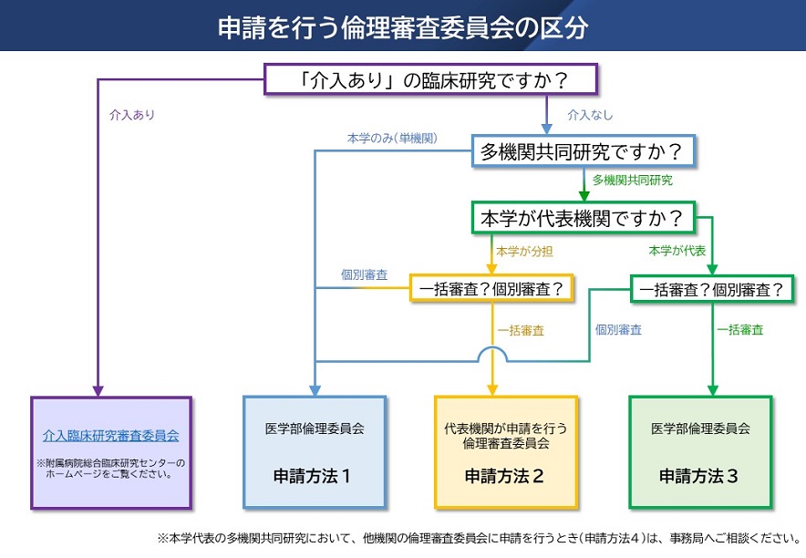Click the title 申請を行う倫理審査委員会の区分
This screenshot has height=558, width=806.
tap(402, 27)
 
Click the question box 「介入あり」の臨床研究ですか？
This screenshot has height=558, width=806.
tap(430, 79)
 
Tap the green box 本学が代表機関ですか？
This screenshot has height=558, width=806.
tap(583, 219)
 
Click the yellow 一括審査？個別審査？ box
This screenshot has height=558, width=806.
tap(491, 289)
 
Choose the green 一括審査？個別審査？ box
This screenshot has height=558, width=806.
tap(711, 289)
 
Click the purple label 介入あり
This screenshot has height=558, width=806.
tap(131, 116)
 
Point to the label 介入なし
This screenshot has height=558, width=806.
tap(590, 116)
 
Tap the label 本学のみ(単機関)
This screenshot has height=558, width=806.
tap(392, 138)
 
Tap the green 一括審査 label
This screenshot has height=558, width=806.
tap(739, 330)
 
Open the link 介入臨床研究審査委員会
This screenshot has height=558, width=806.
tap(110, 436)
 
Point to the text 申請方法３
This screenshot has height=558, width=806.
tap(699, 475)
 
